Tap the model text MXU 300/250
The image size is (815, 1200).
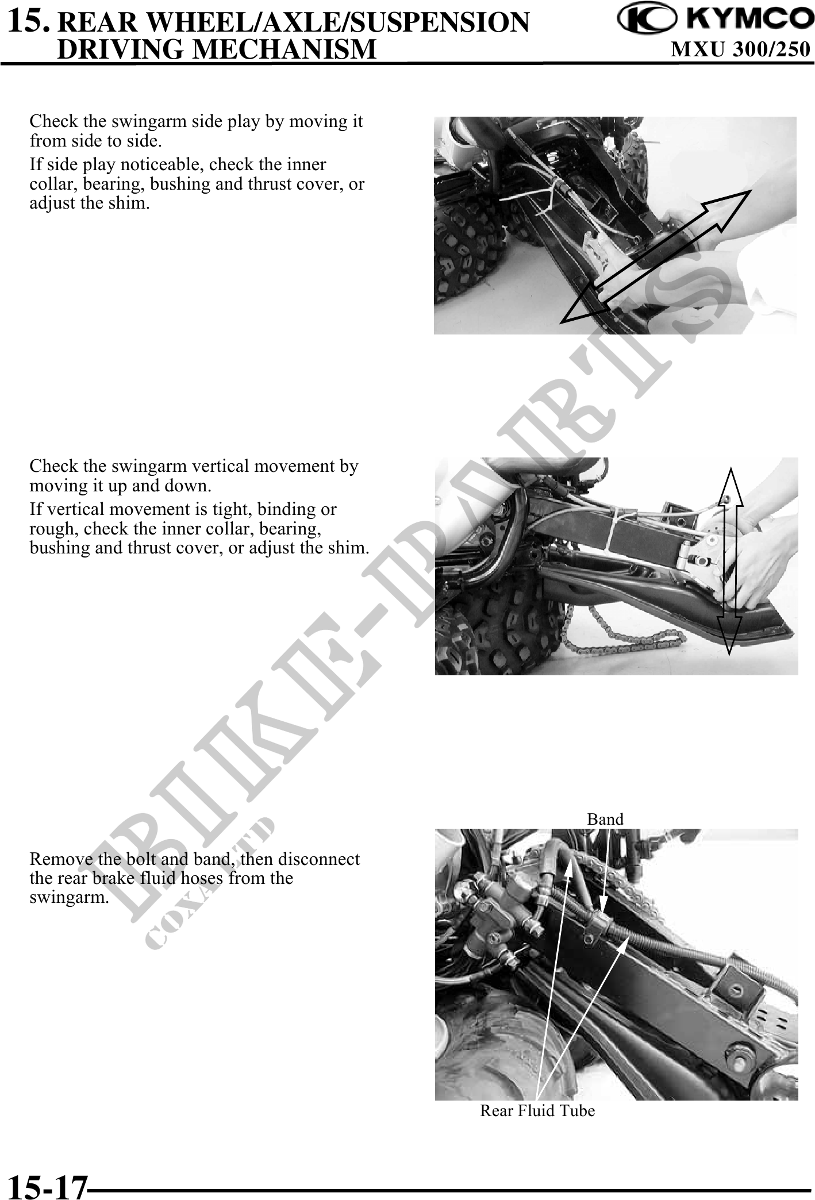(x=741, y=50)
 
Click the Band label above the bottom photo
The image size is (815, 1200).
(x=605, y=819)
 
